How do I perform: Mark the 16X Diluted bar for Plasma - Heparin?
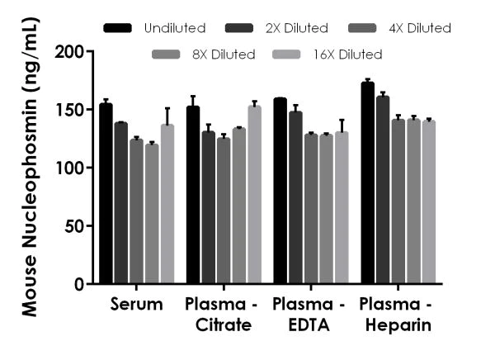click(428, 202)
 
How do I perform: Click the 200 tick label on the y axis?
click(71, 52)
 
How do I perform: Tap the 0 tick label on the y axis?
click(79, 284)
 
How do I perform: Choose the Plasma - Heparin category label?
click(395, 315)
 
